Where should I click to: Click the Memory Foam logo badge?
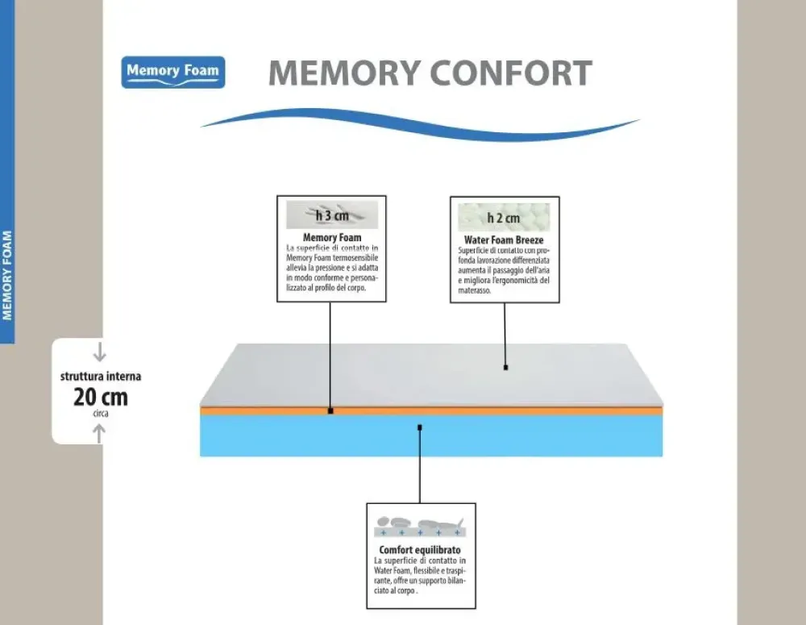(174, 72)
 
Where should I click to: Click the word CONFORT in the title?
(512, 73)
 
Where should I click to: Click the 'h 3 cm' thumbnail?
(331, 215)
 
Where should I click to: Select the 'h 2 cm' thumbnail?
(504, 218)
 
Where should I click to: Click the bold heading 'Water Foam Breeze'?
(504, 240)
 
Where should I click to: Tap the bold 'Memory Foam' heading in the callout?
(331, 238)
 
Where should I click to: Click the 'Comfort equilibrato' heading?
(420, 550)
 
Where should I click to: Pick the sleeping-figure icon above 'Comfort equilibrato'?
(420, 525)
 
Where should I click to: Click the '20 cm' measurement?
(100, 397)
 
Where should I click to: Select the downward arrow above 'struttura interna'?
(99, 352)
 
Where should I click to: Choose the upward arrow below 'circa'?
(99, 434)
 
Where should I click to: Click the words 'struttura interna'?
(100, 376)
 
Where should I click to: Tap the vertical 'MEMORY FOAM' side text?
(7, 276)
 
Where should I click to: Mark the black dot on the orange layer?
(330, 410)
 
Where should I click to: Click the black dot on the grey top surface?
(505, 368)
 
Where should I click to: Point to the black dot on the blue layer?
(420, 427)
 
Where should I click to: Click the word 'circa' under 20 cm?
(100, 413)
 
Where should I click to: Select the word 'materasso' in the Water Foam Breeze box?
(474, 290)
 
